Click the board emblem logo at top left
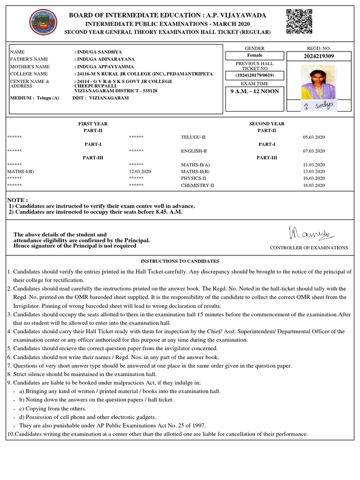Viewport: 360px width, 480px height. [x=43, y=23]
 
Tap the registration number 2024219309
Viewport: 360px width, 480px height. [x=319, y=56]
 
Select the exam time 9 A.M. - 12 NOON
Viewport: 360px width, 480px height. [x=255, y=91]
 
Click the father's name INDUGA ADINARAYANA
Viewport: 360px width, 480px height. [x=105, y=59]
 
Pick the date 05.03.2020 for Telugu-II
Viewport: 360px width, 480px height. [x=314, y=137]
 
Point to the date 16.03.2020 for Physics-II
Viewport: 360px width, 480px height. [x=314, y=179]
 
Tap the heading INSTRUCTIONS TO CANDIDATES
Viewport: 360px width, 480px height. [x=180, y=261]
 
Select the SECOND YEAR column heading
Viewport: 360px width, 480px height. [x=267, y=124]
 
